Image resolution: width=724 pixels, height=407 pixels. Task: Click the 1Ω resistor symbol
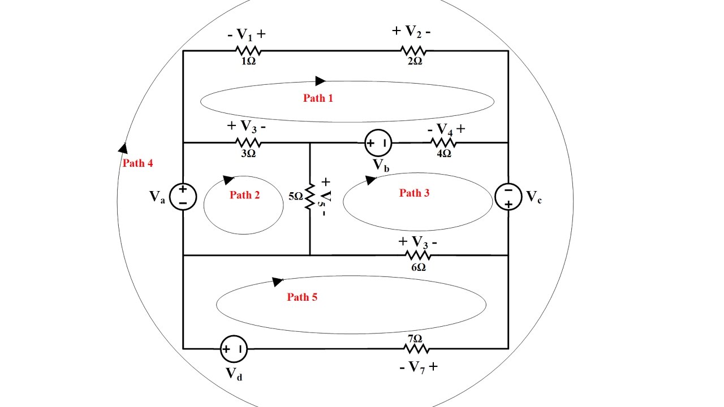tap(248, 51)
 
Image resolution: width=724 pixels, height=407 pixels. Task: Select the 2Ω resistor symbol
tap(413, 51)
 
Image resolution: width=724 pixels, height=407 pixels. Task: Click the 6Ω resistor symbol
tap(418, 256)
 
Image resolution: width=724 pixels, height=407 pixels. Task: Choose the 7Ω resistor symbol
tap(413, 349)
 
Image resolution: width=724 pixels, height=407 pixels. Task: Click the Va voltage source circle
tap(183, 197)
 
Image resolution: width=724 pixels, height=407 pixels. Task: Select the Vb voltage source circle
tap(378, 143)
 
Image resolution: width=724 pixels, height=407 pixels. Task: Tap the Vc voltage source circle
tap(508, 197)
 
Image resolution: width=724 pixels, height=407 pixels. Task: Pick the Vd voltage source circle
tap(234, 349)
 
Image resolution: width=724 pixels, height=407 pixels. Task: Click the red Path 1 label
tap(318, 98)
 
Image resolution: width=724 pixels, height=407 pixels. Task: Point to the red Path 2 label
tap(244, 195)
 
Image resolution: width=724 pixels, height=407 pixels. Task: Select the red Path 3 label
tap(414, 193)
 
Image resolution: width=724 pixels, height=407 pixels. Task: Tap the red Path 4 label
tap(138, 163)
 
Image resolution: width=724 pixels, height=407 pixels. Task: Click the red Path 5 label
tap(302, 297)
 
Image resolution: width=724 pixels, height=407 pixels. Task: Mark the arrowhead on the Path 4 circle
tap(122, 148)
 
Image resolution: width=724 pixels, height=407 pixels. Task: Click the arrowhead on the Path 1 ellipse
tap(320, 81)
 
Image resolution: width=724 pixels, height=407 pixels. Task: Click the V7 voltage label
tap(418, 367)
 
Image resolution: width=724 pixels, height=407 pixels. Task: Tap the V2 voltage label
tap(412, 32)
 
